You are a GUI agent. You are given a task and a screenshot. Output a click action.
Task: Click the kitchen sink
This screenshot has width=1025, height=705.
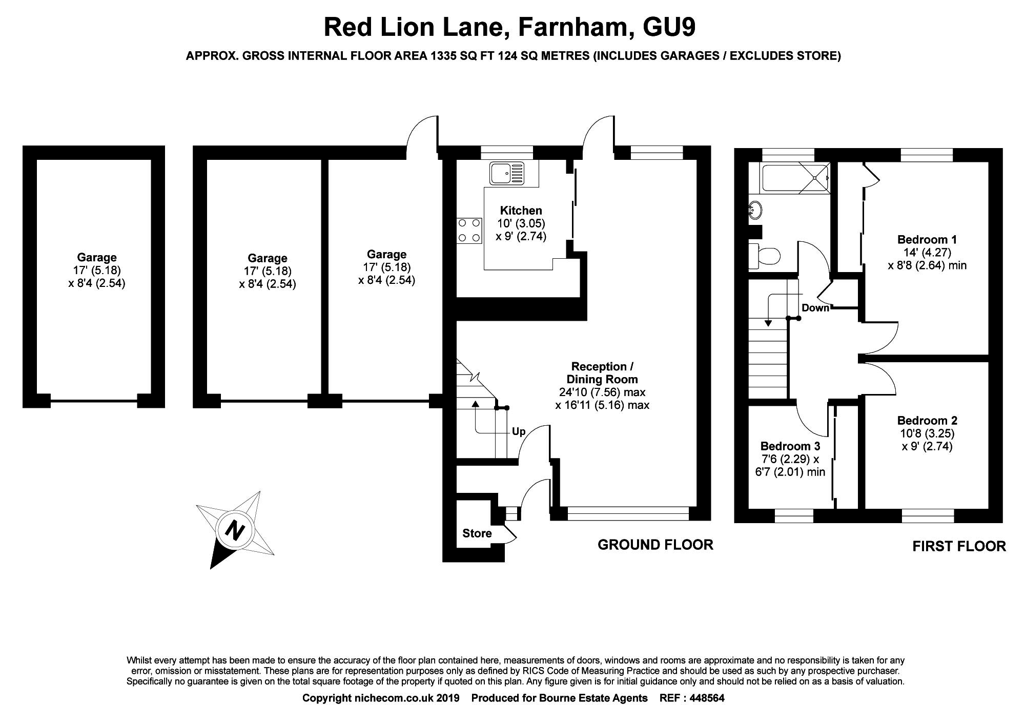pos(506,173)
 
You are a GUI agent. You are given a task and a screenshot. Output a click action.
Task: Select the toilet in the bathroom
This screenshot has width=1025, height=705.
pos(765,255)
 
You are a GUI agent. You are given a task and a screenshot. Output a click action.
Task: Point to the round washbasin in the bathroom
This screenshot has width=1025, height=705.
pos(755,209)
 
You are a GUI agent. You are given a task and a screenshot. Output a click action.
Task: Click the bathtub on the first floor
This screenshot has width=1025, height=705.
pos(795,178)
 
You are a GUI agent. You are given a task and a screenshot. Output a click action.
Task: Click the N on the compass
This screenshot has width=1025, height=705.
pos(235,530)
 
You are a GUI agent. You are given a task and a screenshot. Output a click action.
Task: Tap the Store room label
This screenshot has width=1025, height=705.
pos(477,533)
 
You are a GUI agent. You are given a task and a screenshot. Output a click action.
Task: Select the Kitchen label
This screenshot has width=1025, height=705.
pos(521,210)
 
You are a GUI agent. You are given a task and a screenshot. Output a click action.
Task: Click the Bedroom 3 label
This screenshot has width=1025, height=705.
pos(790,446)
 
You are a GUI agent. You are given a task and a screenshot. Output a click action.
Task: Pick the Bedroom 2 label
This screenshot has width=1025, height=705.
pos(927,421)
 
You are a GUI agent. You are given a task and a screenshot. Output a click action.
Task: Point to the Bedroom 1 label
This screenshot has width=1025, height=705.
pos(927,239)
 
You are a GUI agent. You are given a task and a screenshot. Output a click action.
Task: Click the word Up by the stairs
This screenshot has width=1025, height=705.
pos(519,432)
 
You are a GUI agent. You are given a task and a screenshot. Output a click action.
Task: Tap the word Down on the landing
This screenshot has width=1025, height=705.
pos(815,308)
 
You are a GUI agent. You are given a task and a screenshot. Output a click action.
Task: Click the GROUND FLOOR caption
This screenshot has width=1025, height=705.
pos(655,545)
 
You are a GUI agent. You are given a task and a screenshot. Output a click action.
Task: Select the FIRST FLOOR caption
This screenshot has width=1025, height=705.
pos(959,546)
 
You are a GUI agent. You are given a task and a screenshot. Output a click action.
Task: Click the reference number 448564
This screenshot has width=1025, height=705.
pos(707,698)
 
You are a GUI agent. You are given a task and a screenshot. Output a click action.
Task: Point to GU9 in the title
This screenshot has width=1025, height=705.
pos(669,27)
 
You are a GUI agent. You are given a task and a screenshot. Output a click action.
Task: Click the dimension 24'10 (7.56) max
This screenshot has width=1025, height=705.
pos(602,392)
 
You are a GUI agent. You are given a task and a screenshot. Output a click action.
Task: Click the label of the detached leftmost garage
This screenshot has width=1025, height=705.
pos(97,257)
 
